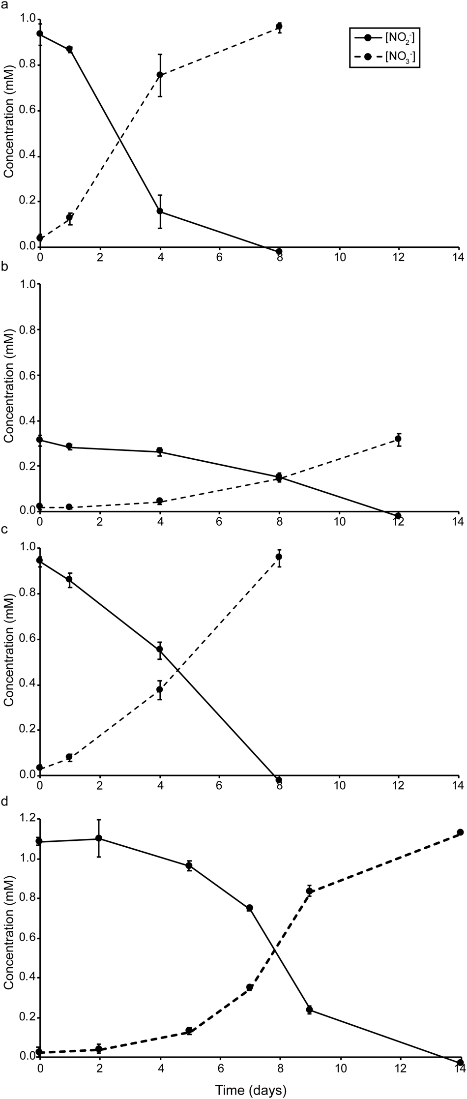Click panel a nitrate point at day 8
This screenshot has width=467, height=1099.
[279, 27]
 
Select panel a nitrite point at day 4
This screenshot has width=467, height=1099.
[160, 211]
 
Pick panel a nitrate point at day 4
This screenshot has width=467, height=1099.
[160, 75]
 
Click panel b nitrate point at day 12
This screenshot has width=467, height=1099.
[398, 439]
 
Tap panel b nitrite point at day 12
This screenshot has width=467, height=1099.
[398, 516]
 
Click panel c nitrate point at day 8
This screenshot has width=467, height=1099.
[279, 557]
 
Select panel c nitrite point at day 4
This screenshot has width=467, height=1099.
[160, 649]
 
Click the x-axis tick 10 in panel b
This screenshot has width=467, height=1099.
[339, 522]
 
